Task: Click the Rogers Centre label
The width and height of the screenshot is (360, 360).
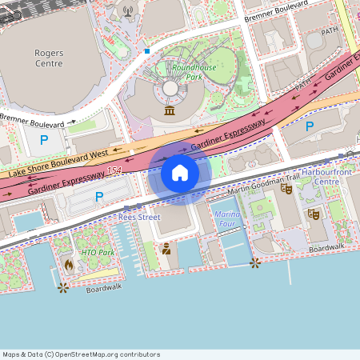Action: click(x=49, y=58)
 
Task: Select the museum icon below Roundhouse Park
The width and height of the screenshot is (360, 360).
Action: click(x=170, y=110)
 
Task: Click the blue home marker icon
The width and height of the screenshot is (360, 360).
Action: click(x=180, y=173)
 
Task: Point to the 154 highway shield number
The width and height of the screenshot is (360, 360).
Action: click(x=114, y=170)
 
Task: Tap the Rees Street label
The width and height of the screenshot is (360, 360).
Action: click(x=139, y=217)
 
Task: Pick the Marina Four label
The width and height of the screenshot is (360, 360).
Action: click(x=229, y=218)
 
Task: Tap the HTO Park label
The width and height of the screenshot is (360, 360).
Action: click(x=98, y=253)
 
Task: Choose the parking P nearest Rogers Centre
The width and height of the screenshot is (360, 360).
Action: click(x=44, y=140)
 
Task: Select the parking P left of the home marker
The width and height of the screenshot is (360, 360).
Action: click(x=99, y=196)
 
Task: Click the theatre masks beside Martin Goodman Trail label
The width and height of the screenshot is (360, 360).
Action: click(x=286, y=189)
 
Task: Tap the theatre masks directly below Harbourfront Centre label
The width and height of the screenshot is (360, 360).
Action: click(x=314, y=214)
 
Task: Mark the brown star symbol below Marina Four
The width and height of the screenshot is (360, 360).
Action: click(x=254, y=262)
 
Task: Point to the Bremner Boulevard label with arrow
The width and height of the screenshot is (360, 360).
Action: click(x=36, y=122)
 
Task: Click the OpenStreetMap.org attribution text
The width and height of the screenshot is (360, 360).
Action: click(x=81, y=354)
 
